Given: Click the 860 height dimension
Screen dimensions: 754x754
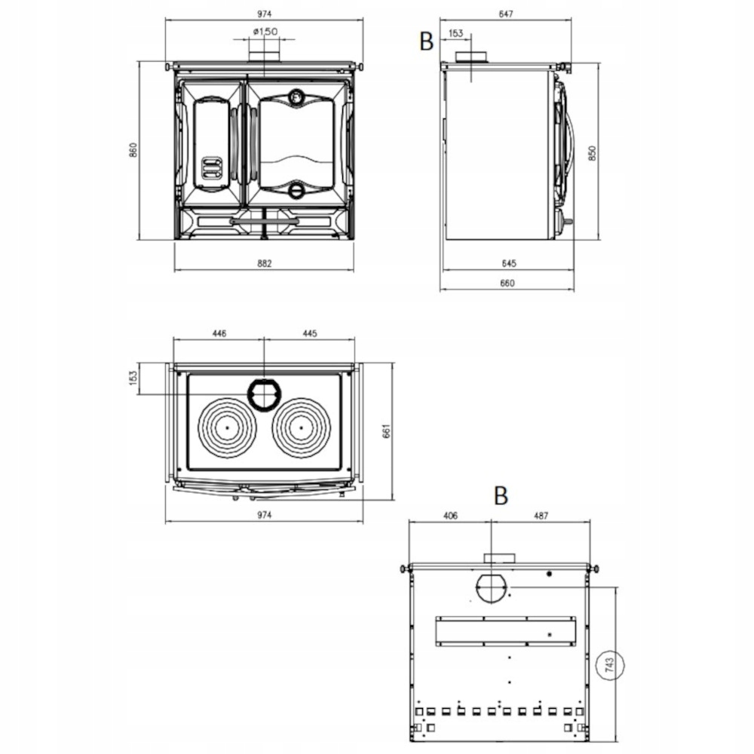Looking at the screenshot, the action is tap(133, 151).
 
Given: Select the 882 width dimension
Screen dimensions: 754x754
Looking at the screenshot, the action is tap(263, 263).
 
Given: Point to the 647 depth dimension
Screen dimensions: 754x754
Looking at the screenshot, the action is tap(506, 14).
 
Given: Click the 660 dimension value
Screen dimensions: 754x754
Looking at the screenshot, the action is tap(507, 284).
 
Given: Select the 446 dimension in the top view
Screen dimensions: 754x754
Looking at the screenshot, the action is tap(219, 333).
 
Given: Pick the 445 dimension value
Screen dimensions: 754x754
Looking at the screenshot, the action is tap(309, 333).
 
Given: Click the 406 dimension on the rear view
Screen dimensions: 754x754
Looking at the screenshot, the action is tap(449, 516).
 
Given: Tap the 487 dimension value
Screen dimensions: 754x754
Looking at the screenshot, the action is tap(540, 516).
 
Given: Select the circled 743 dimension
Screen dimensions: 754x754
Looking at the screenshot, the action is tap(611, 666).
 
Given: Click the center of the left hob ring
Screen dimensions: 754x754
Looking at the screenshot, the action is tap(225, 426).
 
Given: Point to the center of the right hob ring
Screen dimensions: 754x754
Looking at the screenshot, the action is tap(301, 426).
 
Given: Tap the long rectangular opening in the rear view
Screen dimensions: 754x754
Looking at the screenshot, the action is tap(507, 630).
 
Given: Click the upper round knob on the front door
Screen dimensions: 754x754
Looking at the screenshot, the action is tap(297, 97).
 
